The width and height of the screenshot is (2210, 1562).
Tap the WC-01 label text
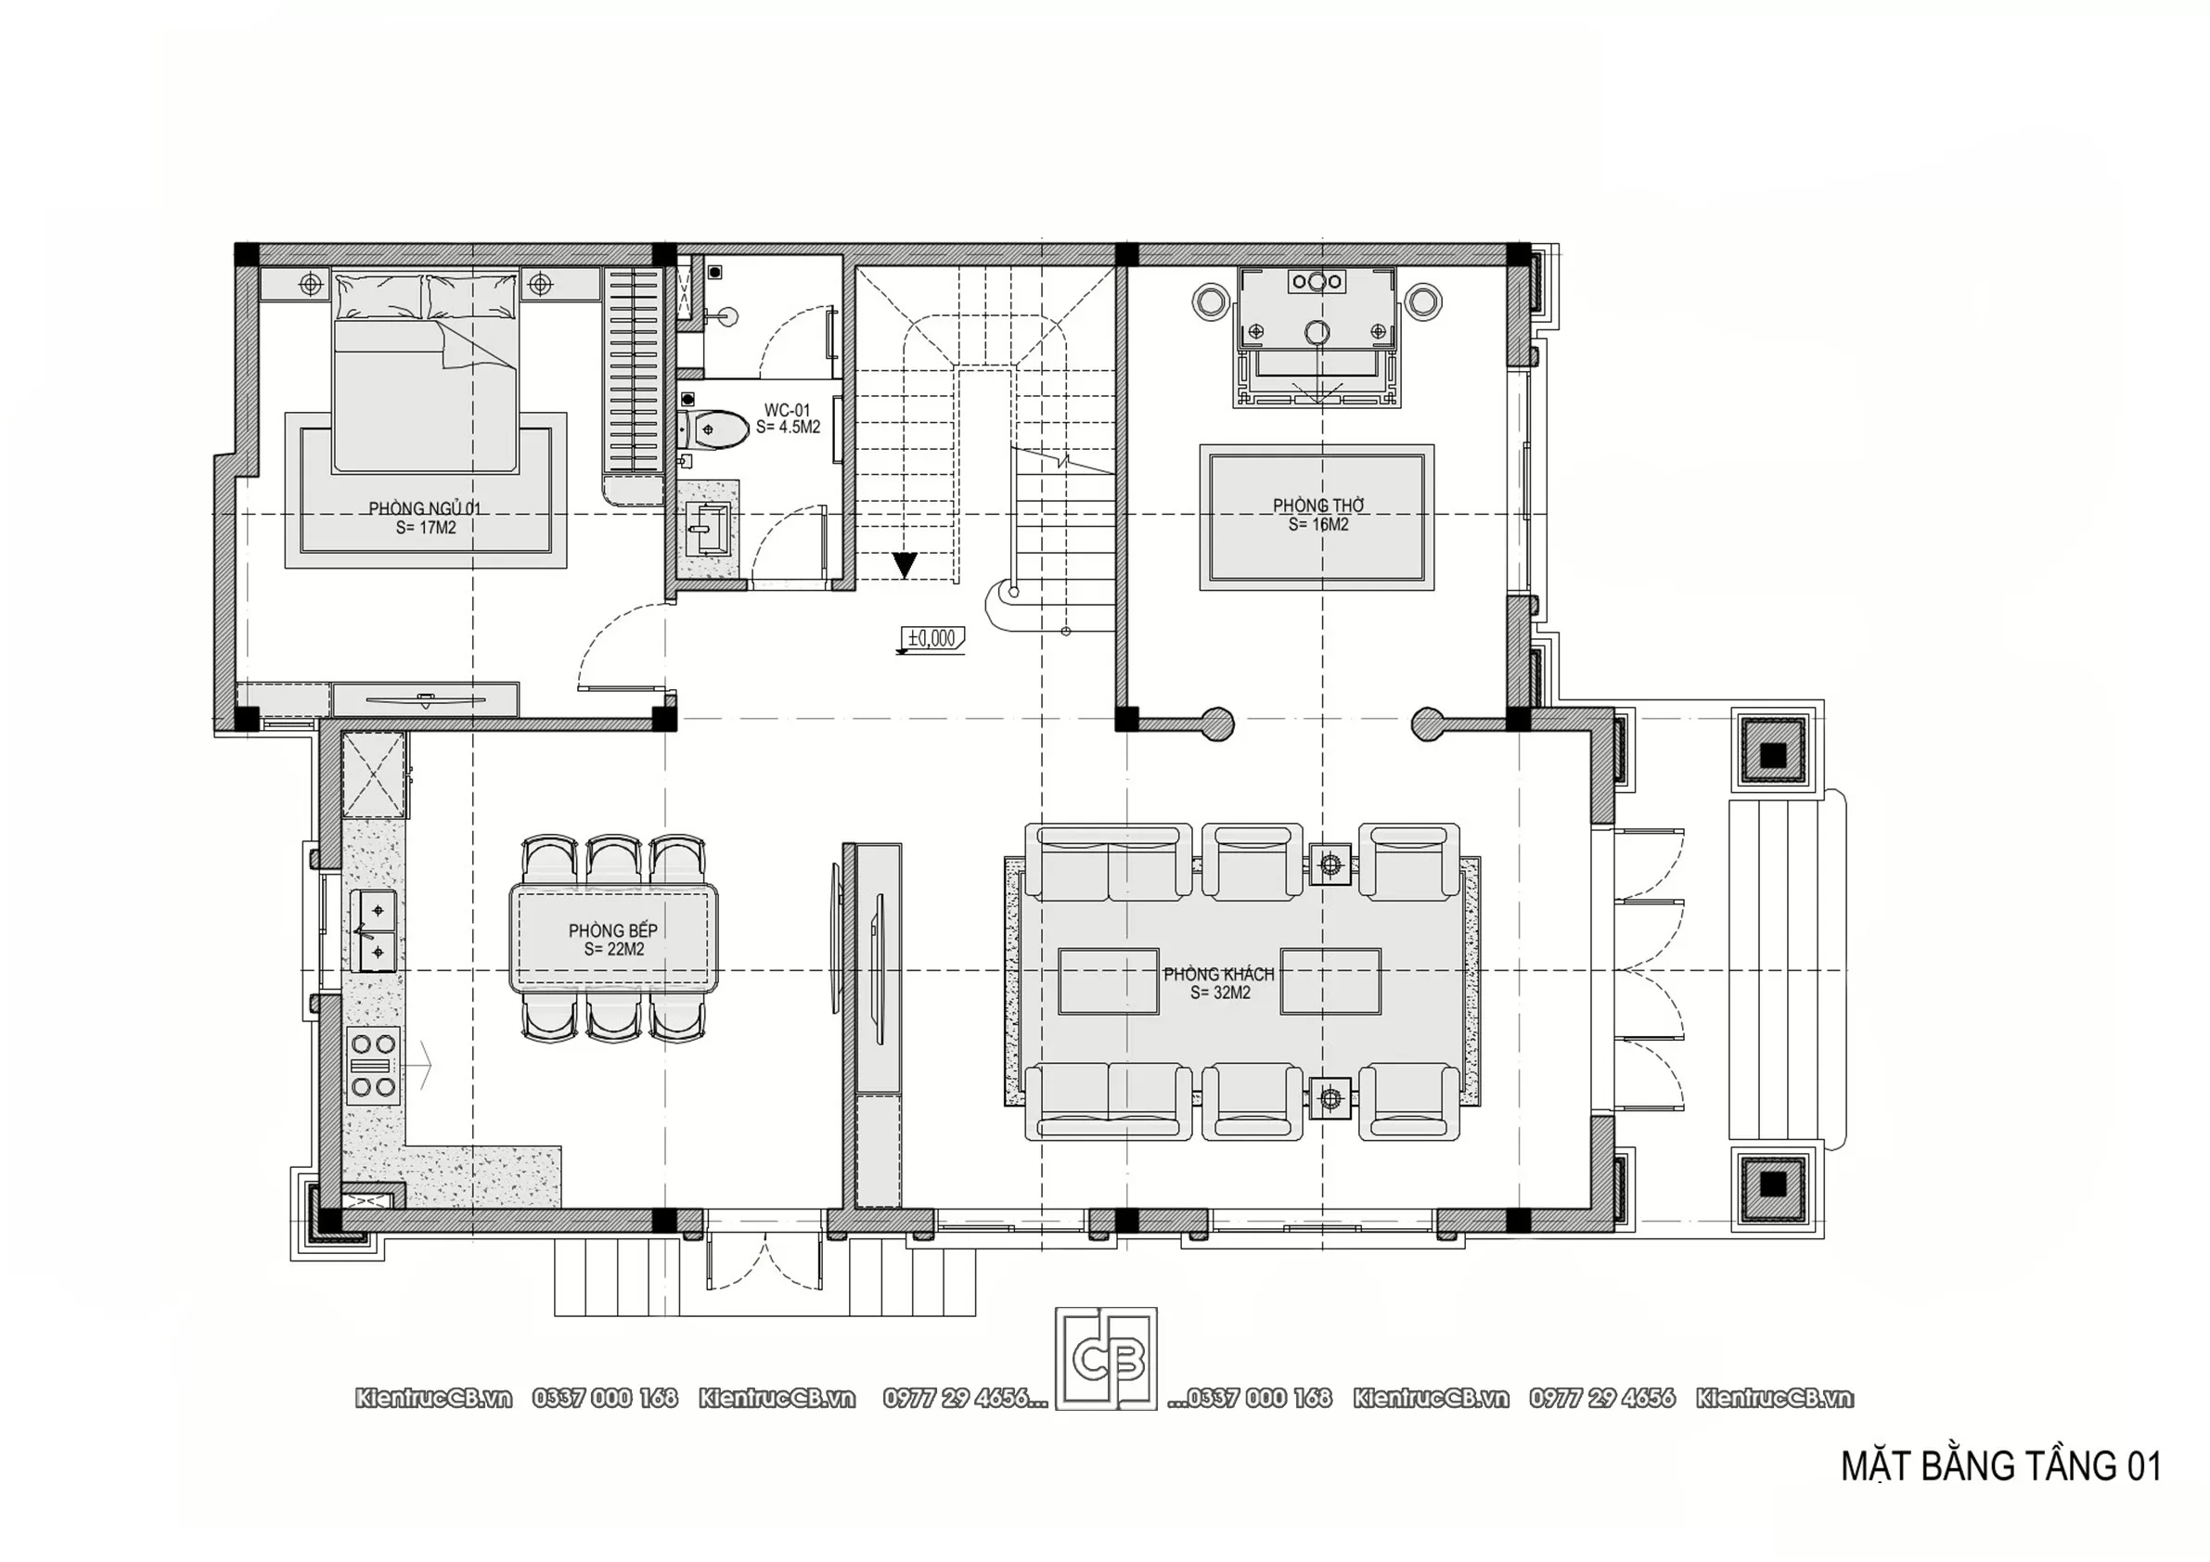pos(788,410)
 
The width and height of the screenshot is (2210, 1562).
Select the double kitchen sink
pos(377,930)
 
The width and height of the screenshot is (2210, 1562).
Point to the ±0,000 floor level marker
pos(932,638)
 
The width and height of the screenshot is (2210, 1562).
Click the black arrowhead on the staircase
pos(904,565)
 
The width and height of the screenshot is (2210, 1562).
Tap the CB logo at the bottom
pos(1106,1358)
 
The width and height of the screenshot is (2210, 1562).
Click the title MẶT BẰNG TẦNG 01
pos(2001,1466)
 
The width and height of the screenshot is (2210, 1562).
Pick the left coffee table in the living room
pos(1108,981)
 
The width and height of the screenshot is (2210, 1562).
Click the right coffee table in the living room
pos(1330,981)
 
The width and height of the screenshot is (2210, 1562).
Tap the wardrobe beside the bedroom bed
pos(632,373)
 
